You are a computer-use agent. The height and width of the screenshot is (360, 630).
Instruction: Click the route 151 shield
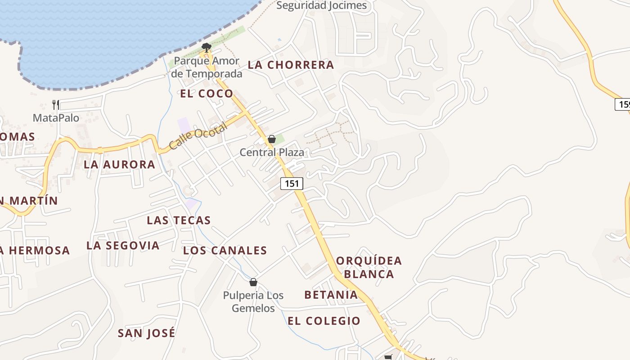pos(292,183)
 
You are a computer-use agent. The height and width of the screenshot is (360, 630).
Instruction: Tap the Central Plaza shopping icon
pos(271,139)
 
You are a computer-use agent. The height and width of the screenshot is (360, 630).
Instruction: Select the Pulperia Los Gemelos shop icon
pos(253,282)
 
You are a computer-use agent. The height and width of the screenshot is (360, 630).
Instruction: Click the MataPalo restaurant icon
pos(56,105)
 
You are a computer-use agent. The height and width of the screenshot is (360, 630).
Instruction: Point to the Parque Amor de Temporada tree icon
pos(207,47)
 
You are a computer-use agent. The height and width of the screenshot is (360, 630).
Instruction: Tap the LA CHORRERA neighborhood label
pos(291,65)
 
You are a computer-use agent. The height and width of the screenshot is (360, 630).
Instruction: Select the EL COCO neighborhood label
pos(207,94)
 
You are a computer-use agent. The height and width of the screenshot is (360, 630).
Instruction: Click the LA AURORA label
pos(119,165)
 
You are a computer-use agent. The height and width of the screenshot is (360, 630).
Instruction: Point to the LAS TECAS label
pos(179,220)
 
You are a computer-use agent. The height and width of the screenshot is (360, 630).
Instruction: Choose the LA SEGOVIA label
pos(123,246)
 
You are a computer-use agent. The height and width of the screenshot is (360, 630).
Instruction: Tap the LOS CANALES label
pos(225,251)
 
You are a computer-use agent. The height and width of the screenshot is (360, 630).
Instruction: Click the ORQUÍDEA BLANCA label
pos(369,267)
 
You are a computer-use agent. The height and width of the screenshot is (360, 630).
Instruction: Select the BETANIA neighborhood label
pos(331,295)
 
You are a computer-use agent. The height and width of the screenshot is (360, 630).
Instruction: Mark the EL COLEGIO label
pos(324,321)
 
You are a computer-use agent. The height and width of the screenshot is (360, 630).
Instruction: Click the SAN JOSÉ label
pos(146,333)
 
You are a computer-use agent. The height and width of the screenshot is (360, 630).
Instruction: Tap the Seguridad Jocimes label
pos(321,5)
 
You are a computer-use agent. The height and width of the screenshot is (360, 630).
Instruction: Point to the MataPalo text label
pos(56,118)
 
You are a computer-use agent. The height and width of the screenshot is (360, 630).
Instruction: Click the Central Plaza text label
pos(272,152)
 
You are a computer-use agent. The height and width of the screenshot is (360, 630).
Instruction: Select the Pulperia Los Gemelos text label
pos(253,302)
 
